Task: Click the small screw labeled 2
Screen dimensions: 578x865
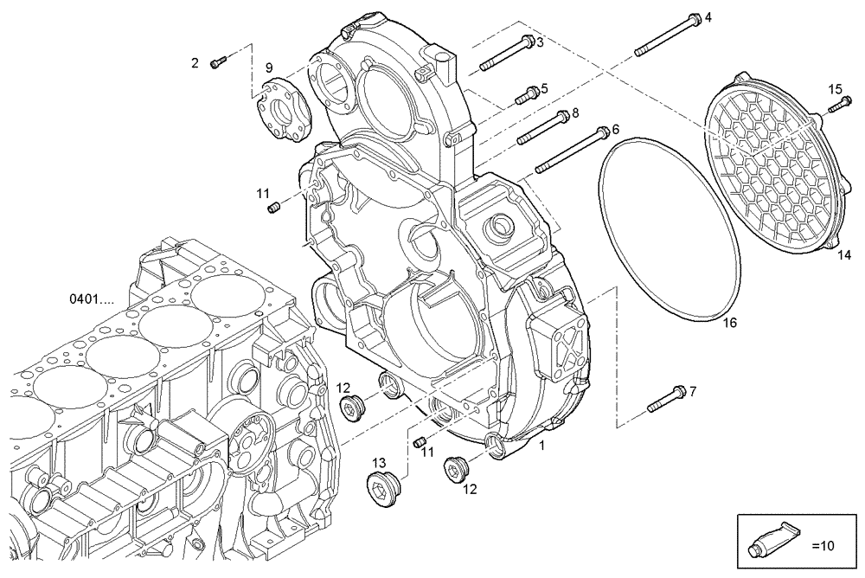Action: [x=219, y=61]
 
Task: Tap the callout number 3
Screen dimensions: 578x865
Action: [x=539, y=42]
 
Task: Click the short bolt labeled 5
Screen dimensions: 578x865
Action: [x=527, y=96]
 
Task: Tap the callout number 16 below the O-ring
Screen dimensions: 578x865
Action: [x=730, y=322]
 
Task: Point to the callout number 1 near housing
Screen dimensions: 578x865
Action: [x=541, y=445]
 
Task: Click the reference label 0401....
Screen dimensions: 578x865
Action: [x=92, y=300]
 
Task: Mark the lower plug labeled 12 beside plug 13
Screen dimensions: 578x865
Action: [x=455, y=469]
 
